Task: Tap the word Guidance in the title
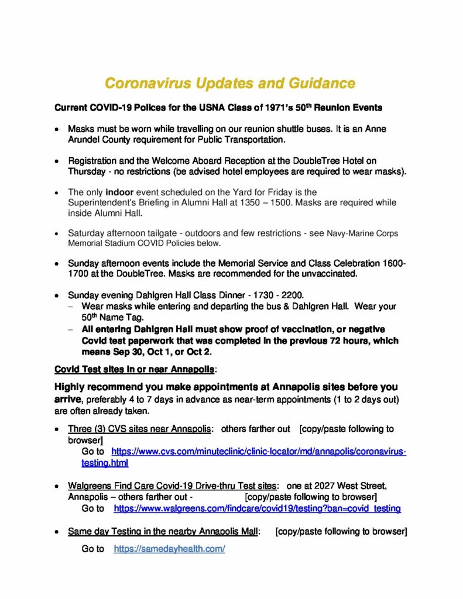[321, 83]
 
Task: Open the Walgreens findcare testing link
[257, 508]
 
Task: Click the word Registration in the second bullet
[92, 160]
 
